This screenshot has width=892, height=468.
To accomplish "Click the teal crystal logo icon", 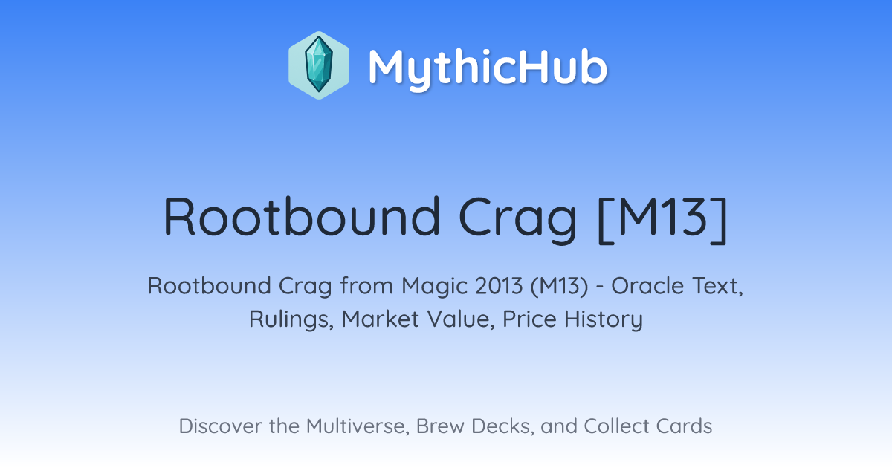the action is coord(319,65).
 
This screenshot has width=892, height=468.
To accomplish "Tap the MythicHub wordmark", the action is coord(488,68).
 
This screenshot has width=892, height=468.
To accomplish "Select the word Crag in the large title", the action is coord(517,221).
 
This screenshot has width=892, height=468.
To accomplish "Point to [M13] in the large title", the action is coord(663,219).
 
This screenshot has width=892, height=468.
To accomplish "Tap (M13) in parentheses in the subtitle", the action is coord(559,286).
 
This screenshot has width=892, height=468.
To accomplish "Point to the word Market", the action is coord(381,319).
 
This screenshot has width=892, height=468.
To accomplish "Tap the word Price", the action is coord(529,319).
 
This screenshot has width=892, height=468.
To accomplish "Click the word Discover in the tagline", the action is coord(220,426).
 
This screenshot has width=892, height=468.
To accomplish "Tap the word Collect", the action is coord(616,426).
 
